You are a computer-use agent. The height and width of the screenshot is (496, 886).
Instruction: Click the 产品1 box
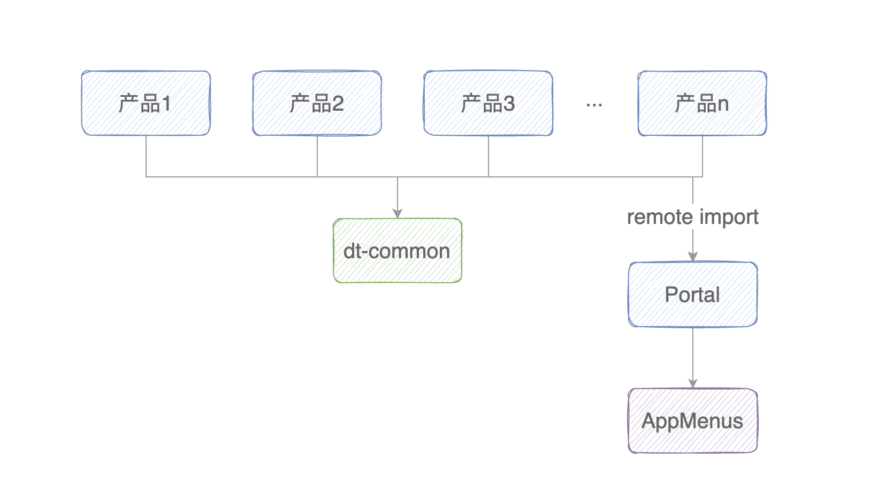146,103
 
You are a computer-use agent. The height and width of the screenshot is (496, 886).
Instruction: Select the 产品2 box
317,103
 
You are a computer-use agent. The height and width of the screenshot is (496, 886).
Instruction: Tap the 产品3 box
488,103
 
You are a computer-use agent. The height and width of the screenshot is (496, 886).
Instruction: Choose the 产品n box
702,103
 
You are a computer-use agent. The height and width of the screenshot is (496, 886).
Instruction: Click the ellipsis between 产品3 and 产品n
594,105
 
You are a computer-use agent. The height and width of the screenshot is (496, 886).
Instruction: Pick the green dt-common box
397,251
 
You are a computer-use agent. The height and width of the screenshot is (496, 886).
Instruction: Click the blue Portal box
692,294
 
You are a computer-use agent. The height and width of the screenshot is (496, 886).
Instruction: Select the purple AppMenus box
692,421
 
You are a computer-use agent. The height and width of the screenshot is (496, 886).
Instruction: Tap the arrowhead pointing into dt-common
397,214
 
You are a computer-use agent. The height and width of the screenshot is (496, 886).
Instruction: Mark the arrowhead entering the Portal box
693,257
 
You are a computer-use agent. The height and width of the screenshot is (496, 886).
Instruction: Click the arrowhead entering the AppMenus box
693,383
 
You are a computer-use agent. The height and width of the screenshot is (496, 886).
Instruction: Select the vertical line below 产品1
146,156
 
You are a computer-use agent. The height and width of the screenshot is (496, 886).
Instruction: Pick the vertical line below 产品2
317,156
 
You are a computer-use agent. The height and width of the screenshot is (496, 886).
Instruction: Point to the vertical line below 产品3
488,156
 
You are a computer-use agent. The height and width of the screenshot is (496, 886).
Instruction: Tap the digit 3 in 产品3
509,104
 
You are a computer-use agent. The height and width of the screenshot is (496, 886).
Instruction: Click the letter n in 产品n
723,105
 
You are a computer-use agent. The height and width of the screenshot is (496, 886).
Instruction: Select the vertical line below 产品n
702,156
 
